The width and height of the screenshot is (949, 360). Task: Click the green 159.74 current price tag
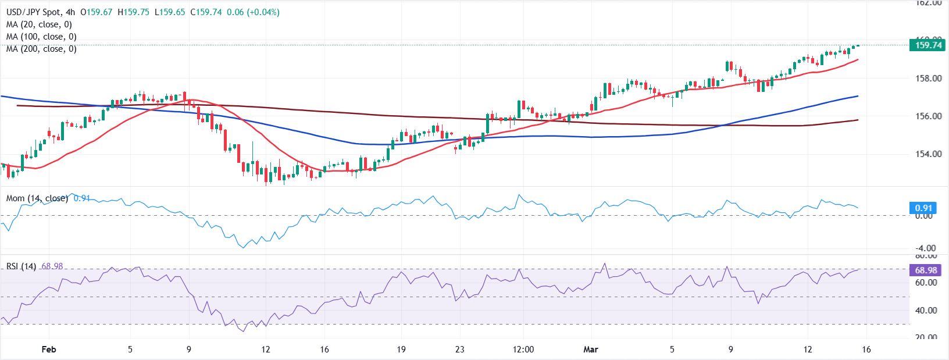928,45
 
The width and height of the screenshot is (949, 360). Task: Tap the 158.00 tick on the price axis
928,78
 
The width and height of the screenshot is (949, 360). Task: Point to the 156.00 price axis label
928,116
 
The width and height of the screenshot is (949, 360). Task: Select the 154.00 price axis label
928,154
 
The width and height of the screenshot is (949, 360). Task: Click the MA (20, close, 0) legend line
39,24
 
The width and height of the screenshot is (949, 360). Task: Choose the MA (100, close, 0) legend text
41,37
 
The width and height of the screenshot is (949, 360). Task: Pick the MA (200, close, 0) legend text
41,49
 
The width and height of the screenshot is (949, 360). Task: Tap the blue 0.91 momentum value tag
923,208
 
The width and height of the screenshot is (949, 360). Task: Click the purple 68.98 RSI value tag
926,270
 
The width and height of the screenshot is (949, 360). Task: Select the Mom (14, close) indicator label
37,198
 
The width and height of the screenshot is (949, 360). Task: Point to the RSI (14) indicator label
21,266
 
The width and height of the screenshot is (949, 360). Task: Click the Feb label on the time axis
49,349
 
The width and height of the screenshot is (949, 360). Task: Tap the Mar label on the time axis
590,349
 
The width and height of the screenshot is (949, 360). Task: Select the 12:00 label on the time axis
523,349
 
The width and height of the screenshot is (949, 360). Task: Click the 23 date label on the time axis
459,349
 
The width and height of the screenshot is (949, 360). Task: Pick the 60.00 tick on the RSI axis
926,283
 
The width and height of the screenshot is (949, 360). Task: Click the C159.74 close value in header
206,12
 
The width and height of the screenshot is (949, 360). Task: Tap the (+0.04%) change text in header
263,12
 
